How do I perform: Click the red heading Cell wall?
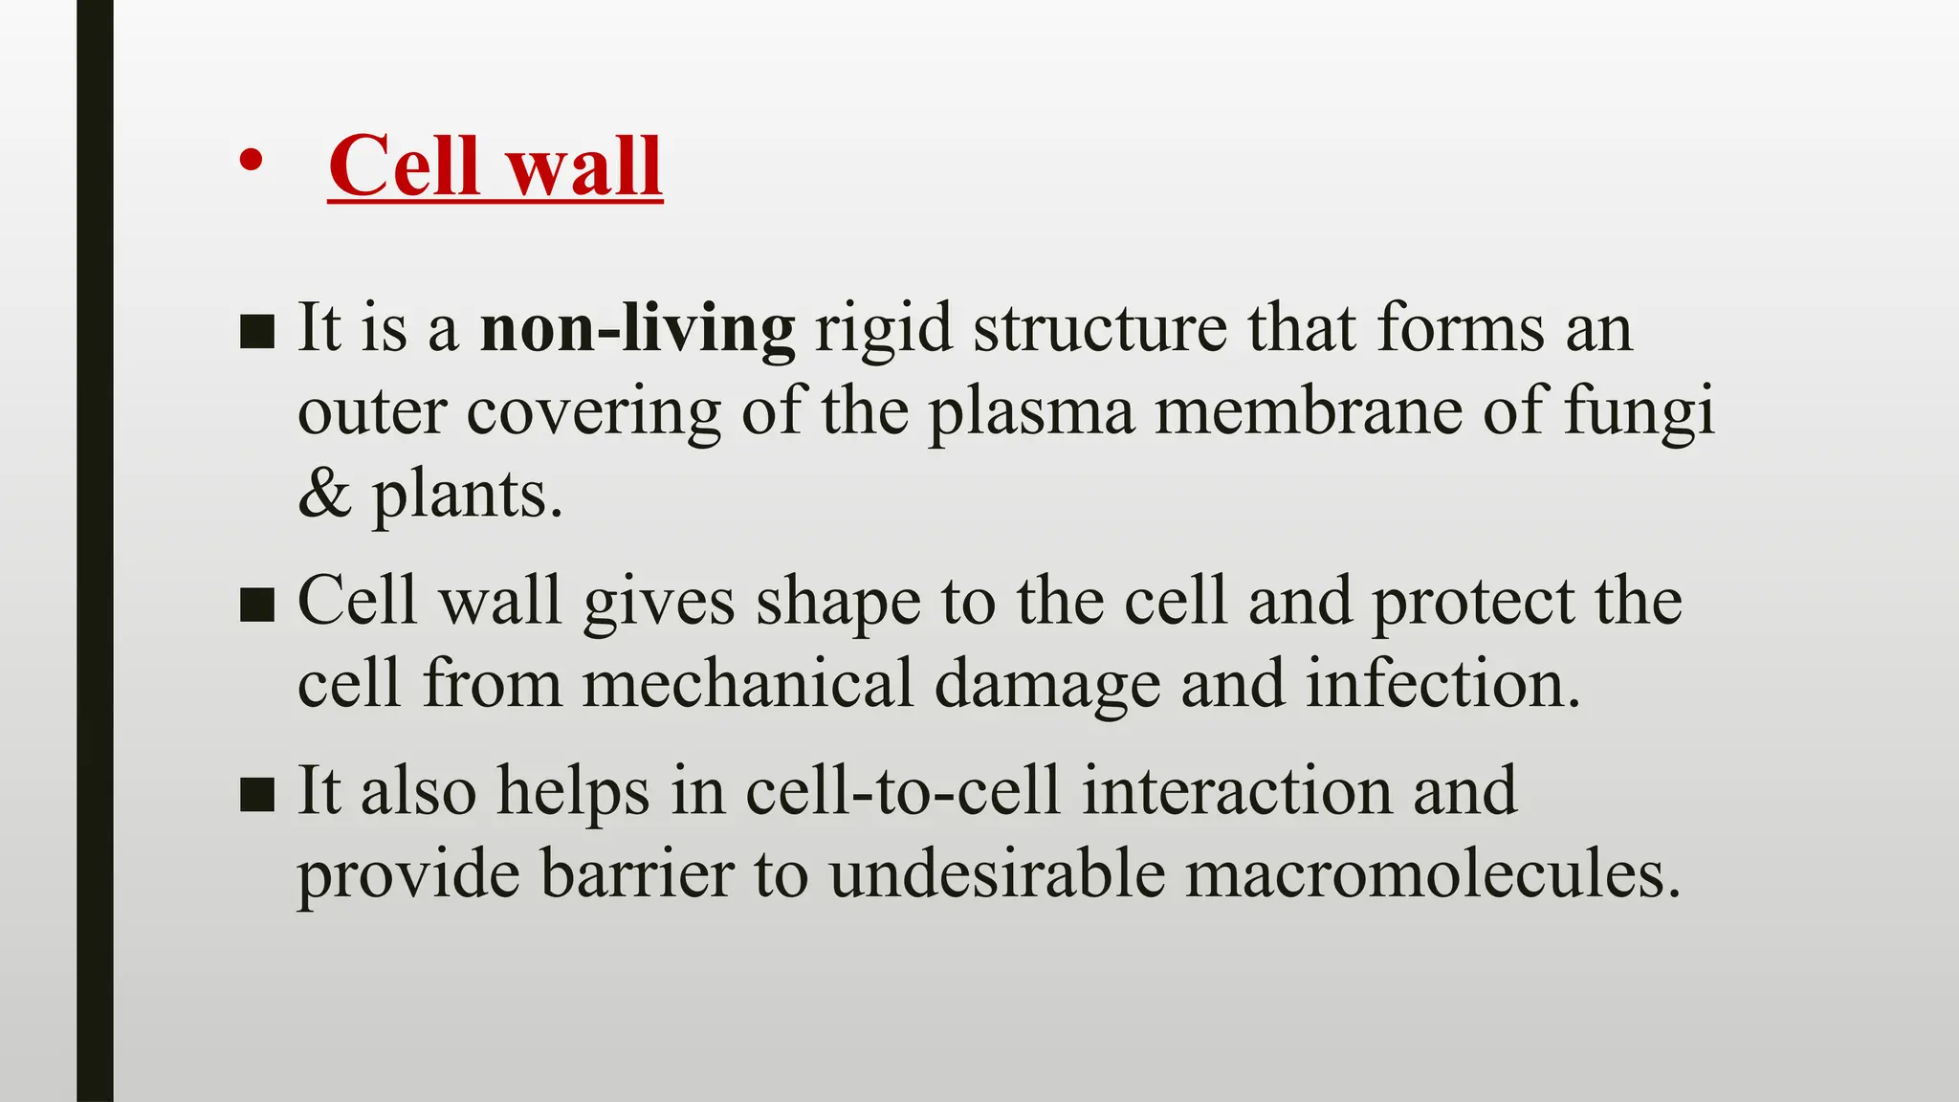point(495,166)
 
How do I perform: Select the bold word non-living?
point(637,328)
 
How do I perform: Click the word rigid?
point(883,328)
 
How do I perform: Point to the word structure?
point(1100,328)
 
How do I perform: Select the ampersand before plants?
point(324,495)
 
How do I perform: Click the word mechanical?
point(748,684)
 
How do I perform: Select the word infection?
point(1442,684)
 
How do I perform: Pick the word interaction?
point(1237,791)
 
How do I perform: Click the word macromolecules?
point(1432,873)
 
